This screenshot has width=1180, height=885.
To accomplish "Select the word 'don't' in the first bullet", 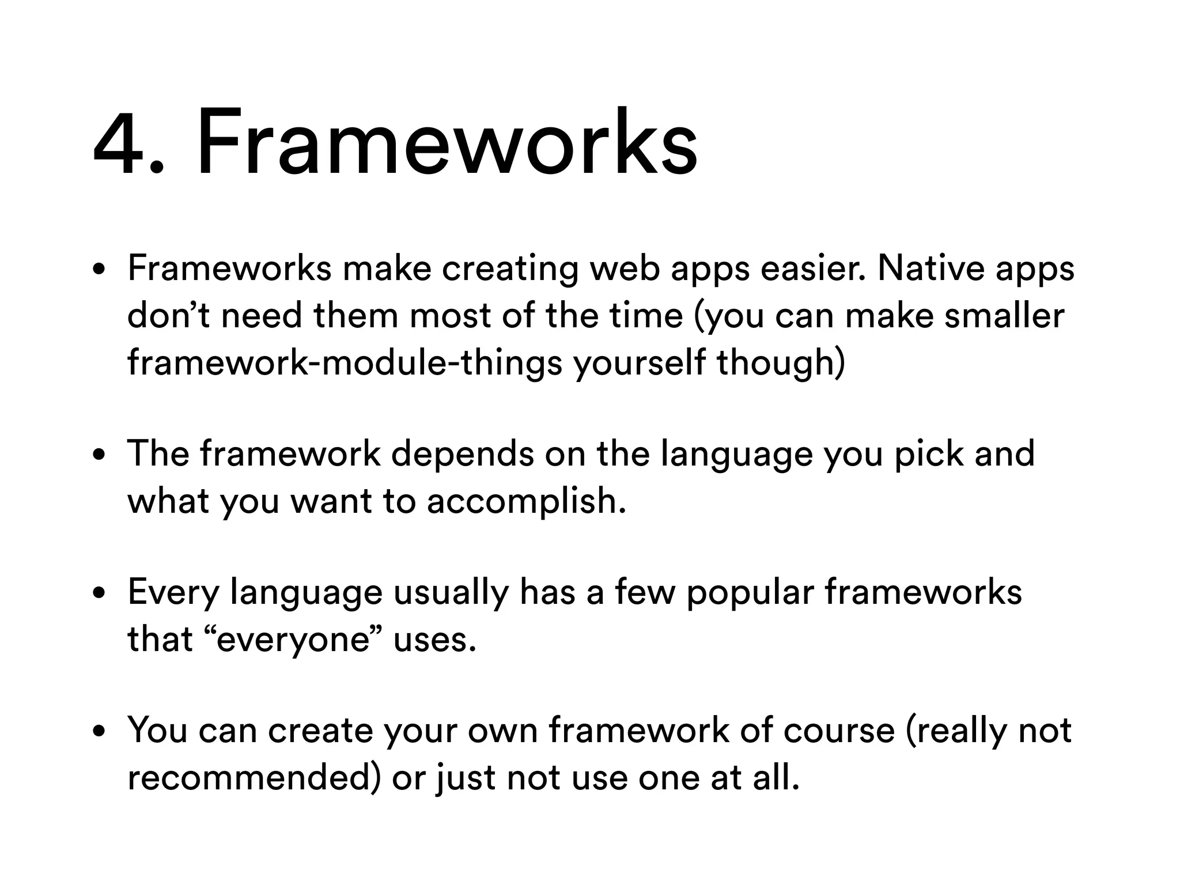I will point(168,316).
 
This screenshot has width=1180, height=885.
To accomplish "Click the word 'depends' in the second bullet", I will point(463,453).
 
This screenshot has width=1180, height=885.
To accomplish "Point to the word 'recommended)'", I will point(254,778).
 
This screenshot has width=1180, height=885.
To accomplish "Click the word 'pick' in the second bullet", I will point(928,453).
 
